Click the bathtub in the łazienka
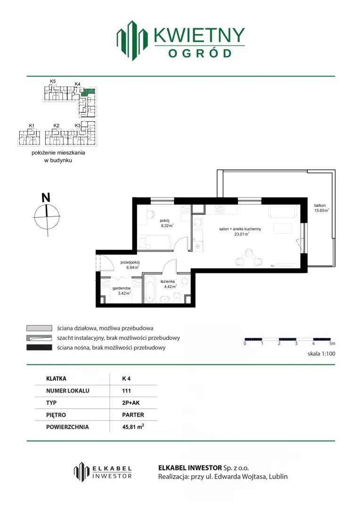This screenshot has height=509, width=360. (150, 289)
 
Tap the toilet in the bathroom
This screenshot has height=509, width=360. (177, 297)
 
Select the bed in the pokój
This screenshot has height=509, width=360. (155, 242)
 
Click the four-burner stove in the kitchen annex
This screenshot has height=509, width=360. (219, 209)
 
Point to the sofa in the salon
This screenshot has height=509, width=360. (282, 212)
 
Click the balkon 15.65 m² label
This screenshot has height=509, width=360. (321, 208)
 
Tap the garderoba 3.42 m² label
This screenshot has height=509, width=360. (122, 290)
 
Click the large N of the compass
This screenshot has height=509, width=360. (46, 197)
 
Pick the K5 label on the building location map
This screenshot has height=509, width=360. (53, 81)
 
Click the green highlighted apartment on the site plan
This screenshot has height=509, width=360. (88, 91)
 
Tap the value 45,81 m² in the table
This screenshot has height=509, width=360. (133, 427)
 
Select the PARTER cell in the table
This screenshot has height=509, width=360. (133, 415)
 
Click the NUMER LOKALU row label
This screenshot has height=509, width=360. (67, 391)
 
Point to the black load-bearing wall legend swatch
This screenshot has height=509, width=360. (39, 348)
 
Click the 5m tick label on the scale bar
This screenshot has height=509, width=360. (332, 344)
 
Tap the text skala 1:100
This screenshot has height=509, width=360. (321, 354)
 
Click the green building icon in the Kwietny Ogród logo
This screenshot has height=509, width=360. (132, 40)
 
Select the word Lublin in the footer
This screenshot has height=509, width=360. (278, 476)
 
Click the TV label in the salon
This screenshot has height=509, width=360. (272, 266)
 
